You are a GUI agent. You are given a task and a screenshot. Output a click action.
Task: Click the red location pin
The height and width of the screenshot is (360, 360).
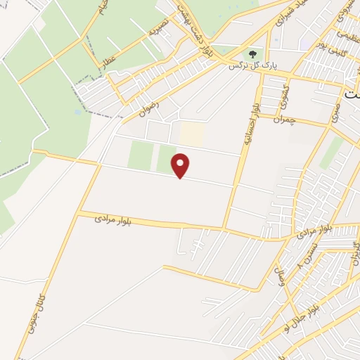[181, 165]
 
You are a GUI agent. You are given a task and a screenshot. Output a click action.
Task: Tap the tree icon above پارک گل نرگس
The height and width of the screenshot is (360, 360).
[252, 53]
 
